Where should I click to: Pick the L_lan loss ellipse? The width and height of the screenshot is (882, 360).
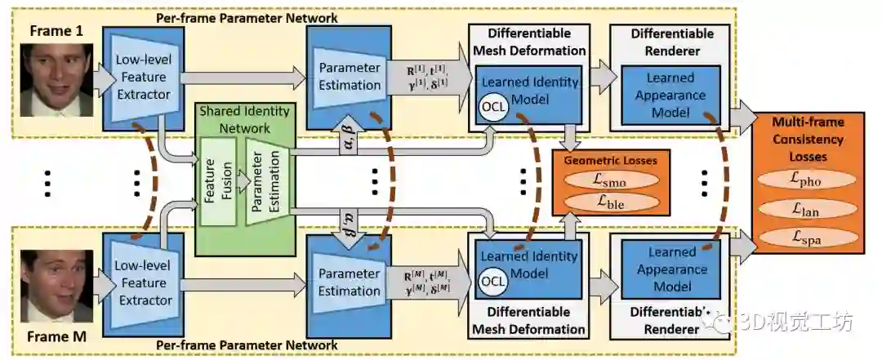(806, 210)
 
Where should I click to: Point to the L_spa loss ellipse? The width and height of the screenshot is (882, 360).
(806, 239)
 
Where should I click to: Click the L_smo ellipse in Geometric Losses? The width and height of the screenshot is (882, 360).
(611, 180)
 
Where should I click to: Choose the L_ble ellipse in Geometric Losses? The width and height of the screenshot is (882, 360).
(611, 202)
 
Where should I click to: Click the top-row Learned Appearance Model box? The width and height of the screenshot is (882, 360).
(670, 95)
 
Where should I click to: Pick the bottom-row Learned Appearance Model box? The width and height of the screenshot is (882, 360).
(670, 269)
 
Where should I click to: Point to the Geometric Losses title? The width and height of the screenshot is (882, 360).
(611, 161)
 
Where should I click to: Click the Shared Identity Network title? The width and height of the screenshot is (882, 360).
(244, 119)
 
